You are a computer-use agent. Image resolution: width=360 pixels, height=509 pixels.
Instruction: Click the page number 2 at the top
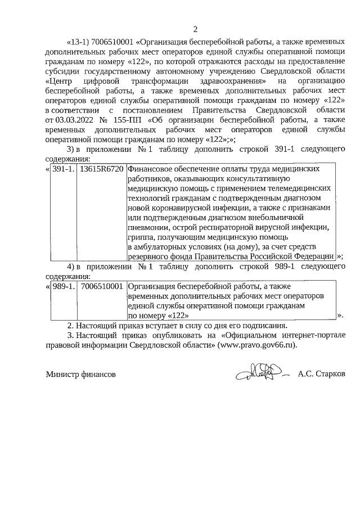[x=195, y=29]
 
